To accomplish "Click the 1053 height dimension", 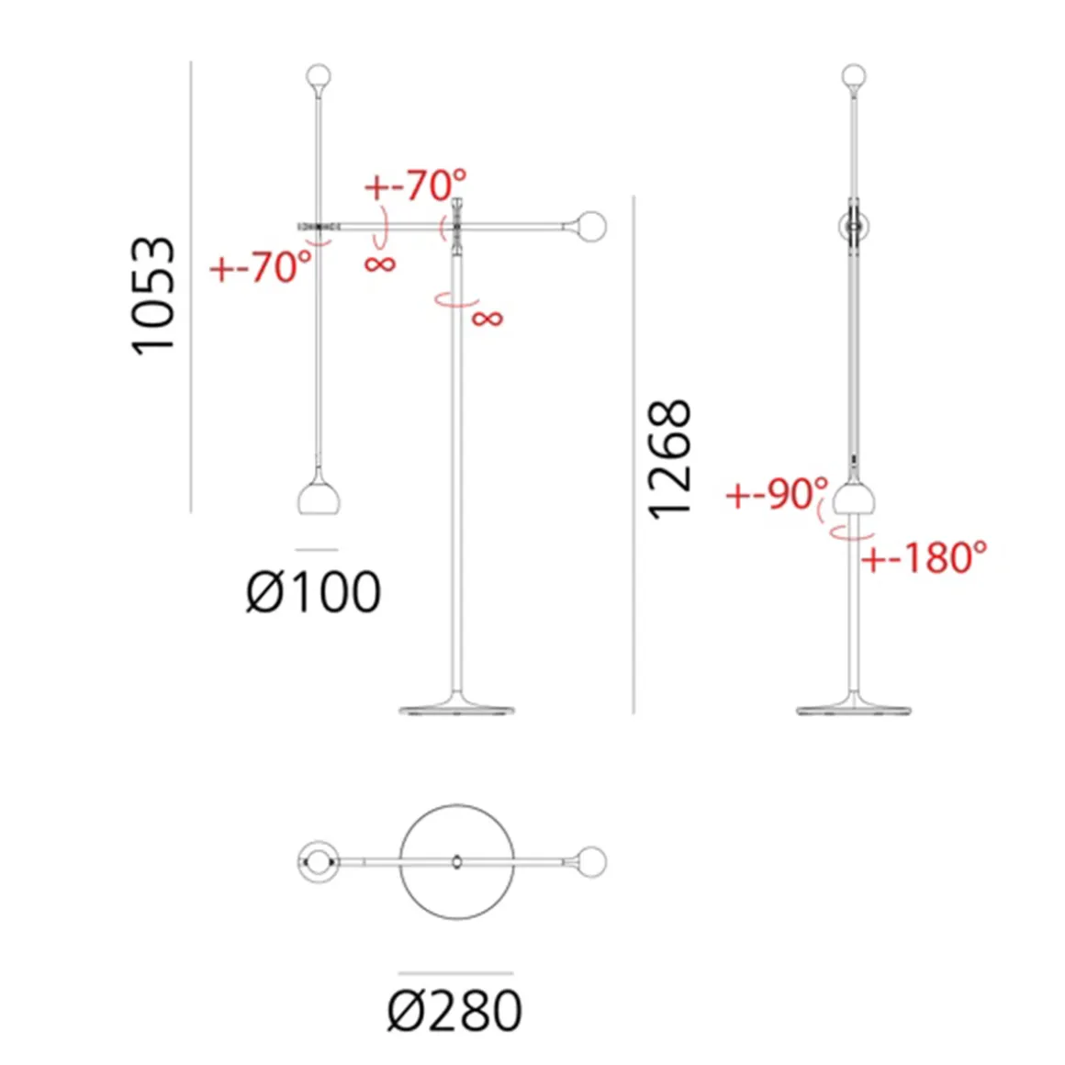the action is click(152, 296).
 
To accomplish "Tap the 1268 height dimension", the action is click(669, 460).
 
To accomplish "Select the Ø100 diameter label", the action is click(313, 591).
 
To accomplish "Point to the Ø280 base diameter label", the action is click(454, 1011).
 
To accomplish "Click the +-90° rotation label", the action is click(778, 493).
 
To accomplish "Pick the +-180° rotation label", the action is click(925, 557).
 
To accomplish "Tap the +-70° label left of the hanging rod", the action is click(261, 266).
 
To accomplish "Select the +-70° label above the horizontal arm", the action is click(416, 185).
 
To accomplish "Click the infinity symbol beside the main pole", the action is click(488, 318).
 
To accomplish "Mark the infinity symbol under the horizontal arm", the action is click(380, 264).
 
